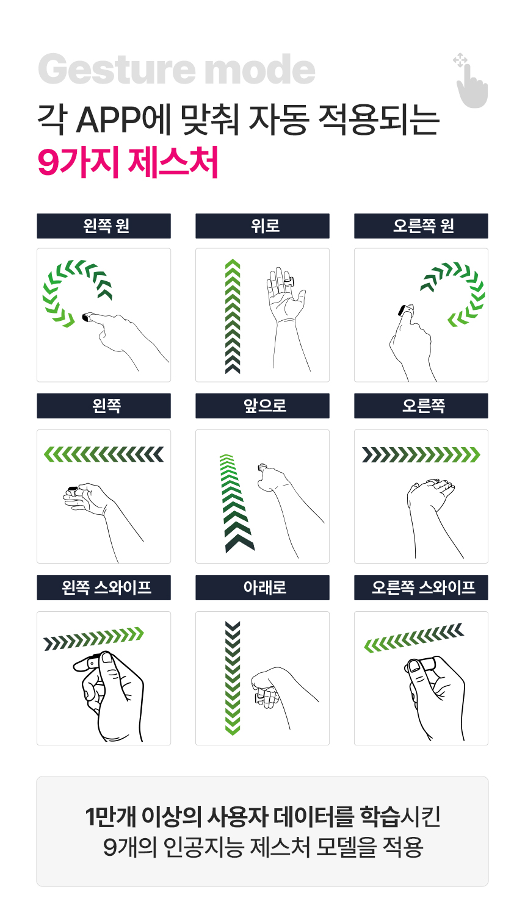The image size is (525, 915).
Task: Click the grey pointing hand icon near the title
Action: [471, 81]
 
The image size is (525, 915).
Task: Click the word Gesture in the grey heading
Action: [117, 69]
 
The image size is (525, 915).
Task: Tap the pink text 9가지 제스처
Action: [128, 162]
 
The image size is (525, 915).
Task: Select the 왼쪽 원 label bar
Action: [104, 226]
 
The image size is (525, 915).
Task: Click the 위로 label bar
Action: [262, 226]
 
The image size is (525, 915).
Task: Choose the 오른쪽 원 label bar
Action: [421, 226]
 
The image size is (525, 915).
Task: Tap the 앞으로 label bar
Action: [262, 406]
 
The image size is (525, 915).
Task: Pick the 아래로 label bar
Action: [262, 587]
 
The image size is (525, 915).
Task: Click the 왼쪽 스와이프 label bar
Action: [104, 587]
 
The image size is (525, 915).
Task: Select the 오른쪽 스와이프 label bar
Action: [421, 587]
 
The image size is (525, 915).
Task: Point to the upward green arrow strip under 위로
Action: [233, 316]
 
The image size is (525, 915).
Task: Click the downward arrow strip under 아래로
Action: [233, 678]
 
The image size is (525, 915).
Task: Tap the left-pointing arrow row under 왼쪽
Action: [104, 454]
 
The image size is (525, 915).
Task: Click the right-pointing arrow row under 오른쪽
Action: [421, 454]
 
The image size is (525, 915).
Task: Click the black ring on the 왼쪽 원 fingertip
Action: [86, 317]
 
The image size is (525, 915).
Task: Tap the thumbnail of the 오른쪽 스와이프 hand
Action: [414, 666]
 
